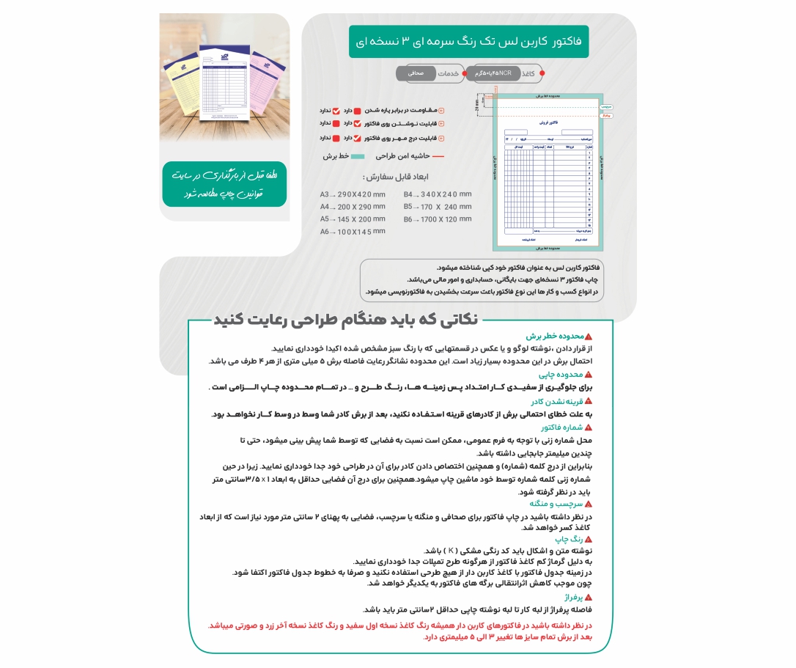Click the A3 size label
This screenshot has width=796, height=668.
325,194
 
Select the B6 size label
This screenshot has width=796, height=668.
409,219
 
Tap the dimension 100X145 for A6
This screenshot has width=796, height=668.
361,232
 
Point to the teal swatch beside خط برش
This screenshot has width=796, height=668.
357,156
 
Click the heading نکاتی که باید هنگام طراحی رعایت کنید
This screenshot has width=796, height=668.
345,320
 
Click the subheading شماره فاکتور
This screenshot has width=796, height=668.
561,427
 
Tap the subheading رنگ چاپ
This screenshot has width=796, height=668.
570,539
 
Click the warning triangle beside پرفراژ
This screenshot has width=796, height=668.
589,598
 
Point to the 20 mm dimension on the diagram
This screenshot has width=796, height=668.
477,105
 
